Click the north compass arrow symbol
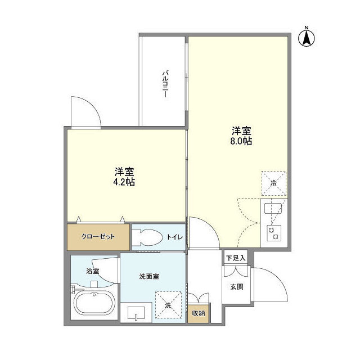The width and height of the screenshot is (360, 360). [307, 37]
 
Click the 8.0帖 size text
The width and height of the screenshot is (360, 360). [240, 141]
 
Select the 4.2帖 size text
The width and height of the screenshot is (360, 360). [124, 182]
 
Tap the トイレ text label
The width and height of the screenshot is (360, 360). [174, 237]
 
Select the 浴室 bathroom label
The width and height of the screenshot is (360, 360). [92, 271]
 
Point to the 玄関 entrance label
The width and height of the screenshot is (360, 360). [236, 286]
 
